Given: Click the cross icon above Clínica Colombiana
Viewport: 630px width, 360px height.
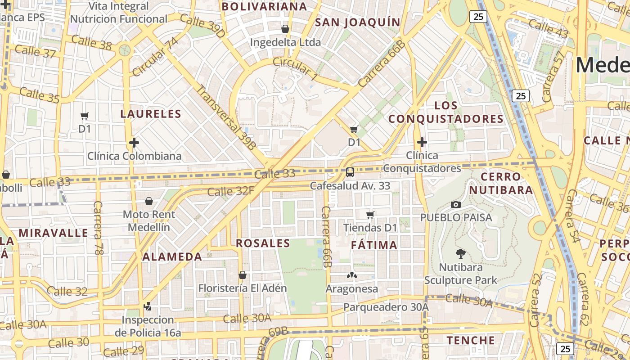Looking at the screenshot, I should coord(134,143).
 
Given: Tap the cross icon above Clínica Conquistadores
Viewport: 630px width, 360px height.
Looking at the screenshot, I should coord(422,143).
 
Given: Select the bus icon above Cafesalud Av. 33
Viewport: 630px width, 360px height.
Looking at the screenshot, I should coord(350,172).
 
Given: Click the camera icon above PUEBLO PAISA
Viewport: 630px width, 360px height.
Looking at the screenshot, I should coord(456,204).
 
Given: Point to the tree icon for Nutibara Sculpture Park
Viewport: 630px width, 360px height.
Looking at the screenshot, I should coord(460,254).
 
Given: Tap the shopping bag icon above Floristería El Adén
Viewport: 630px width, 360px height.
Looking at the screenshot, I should coord(243,274).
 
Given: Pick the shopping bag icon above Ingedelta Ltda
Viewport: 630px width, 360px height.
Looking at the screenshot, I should coord(285,29).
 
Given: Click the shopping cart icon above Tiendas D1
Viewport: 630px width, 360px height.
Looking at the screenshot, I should coord(370,215).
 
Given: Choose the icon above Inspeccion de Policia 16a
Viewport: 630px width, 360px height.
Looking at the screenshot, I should coord(147,306).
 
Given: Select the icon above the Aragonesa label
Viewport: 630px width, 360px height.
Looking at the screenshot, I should coord(351,275).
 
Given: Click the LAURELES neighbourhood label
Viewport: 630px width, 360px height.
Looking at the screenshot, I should coord(151,114).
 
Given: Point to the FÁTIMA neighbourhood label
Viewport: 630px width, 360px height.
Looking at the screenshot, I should coord(374,245).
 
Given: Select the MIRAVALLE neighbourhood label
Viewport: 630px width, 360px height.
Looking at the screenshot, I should coord(54,233).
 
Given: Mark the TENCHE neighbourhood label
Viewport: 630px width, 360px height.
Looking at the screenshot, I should coord(471,340).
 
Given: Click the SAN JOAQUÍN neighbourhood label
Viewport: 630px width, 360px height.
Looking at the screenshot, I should coord(358,22).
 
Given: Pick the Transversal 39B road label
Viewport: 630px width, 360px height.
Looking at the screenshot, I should coord(226,117).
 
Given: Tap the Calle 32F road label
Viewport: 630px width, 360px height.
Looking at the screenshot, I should coord(231,191).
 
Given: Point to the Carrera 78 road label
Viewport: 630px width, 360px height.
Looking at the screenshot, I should coord(98,228).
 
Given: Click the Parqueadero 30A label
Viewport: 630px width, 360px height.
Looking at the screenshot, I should coord(386,307).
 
